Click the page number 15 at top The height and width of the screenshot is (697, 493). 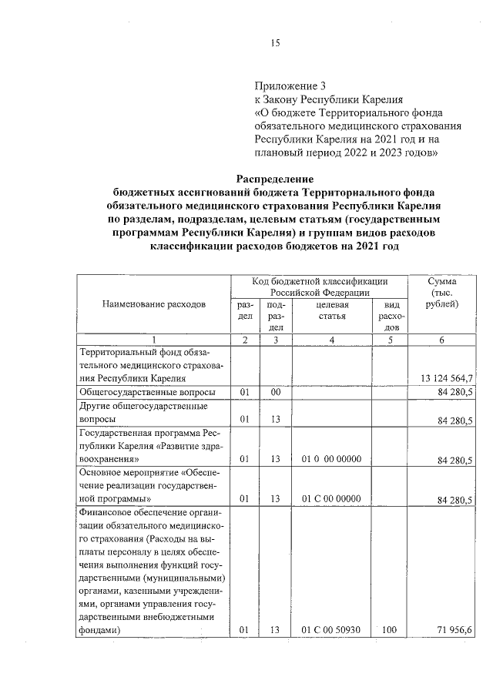(274, 43)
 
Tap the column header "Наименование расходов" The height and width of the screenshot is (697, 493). (153, 304)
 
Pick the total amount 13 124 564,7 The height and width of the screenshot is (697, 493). (447, 378)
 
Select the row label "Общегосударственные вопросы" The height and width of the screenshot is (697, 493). (136, 393)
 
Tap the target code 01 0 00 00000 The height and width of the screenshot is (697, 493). (331, 460)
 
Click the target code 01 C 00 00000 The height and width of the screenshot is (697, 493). (331, 498)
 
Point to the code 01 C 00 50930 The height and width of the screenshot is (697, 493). (331, 630)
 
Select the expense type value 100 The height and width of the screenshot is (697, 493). (389, 630)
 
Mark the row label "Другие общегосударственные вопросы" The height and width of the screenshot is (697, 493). (135, 413)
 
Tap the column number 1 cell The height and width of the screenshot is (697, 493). (153, 340)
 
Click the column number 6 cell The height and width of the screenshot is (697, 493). (442, 340)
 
